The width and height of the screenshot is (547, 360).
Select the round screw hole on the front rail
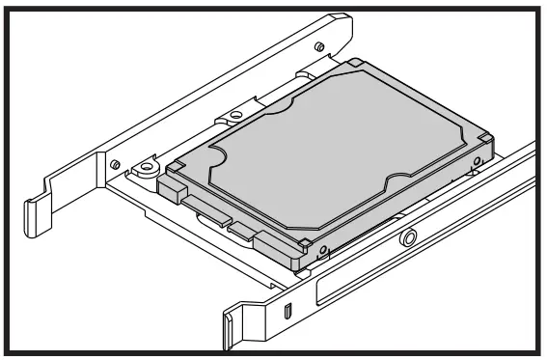[x=410, y=235]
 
